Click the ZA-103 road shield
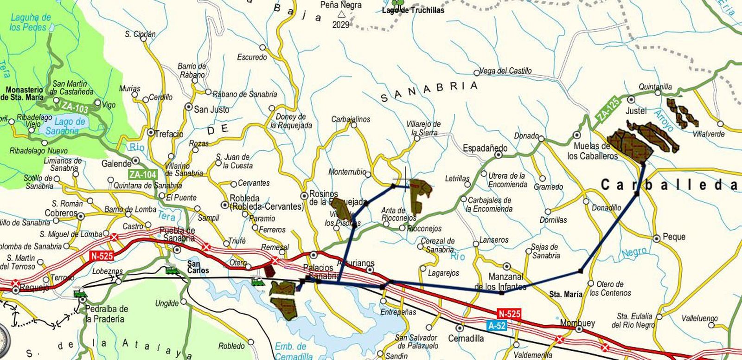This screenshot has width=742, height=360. [x=75, y=108]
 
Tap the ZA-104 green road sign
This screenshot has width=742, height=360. [x=142, y=175]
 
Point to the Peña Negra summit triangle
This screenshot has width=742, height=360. [x=341, y=15]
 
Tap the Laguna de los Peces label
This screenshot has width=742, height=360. [x=30, y=22]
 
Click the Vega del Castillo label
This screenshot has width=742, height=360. [x=505, y=71]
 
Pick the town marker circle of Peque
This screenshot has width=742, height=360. [x=657, y=238]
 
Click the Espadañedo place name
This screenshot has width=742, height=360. [x=485, y=148]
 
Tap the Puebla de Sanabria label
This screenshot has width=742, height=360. [x=177, y=235]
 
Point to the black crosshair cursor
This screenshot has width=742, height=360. [x=405, y=179]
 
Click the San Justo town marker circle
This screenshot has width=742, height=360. [x=189, y=107]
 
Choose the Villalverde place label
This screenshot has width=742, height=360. [x=708, y=134]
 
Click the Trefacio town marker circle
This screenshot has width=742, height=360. [x=151, y=133]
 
